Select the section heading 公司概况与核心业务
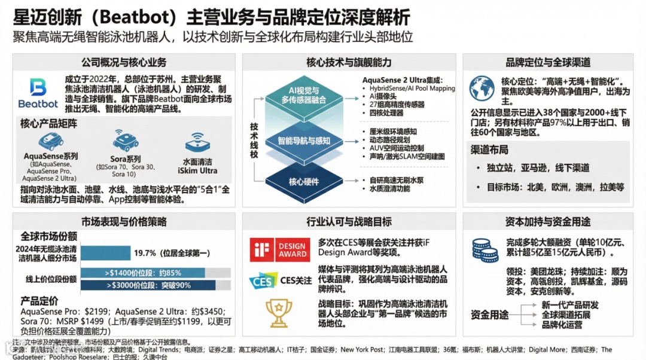click(x=124, y=62)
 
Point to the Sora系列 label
click(x=126, y=158)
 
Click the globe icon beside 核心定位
click(x=482, y=88)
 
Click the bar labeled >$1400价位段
click(x=147, y=273)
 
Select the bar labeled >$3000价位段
click(x=147, y=285)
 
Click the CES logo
click(x=263, y=280)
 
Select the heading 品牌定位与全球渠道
click(x=548, y=62)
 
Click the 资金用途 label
click(x=489, y=315)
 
